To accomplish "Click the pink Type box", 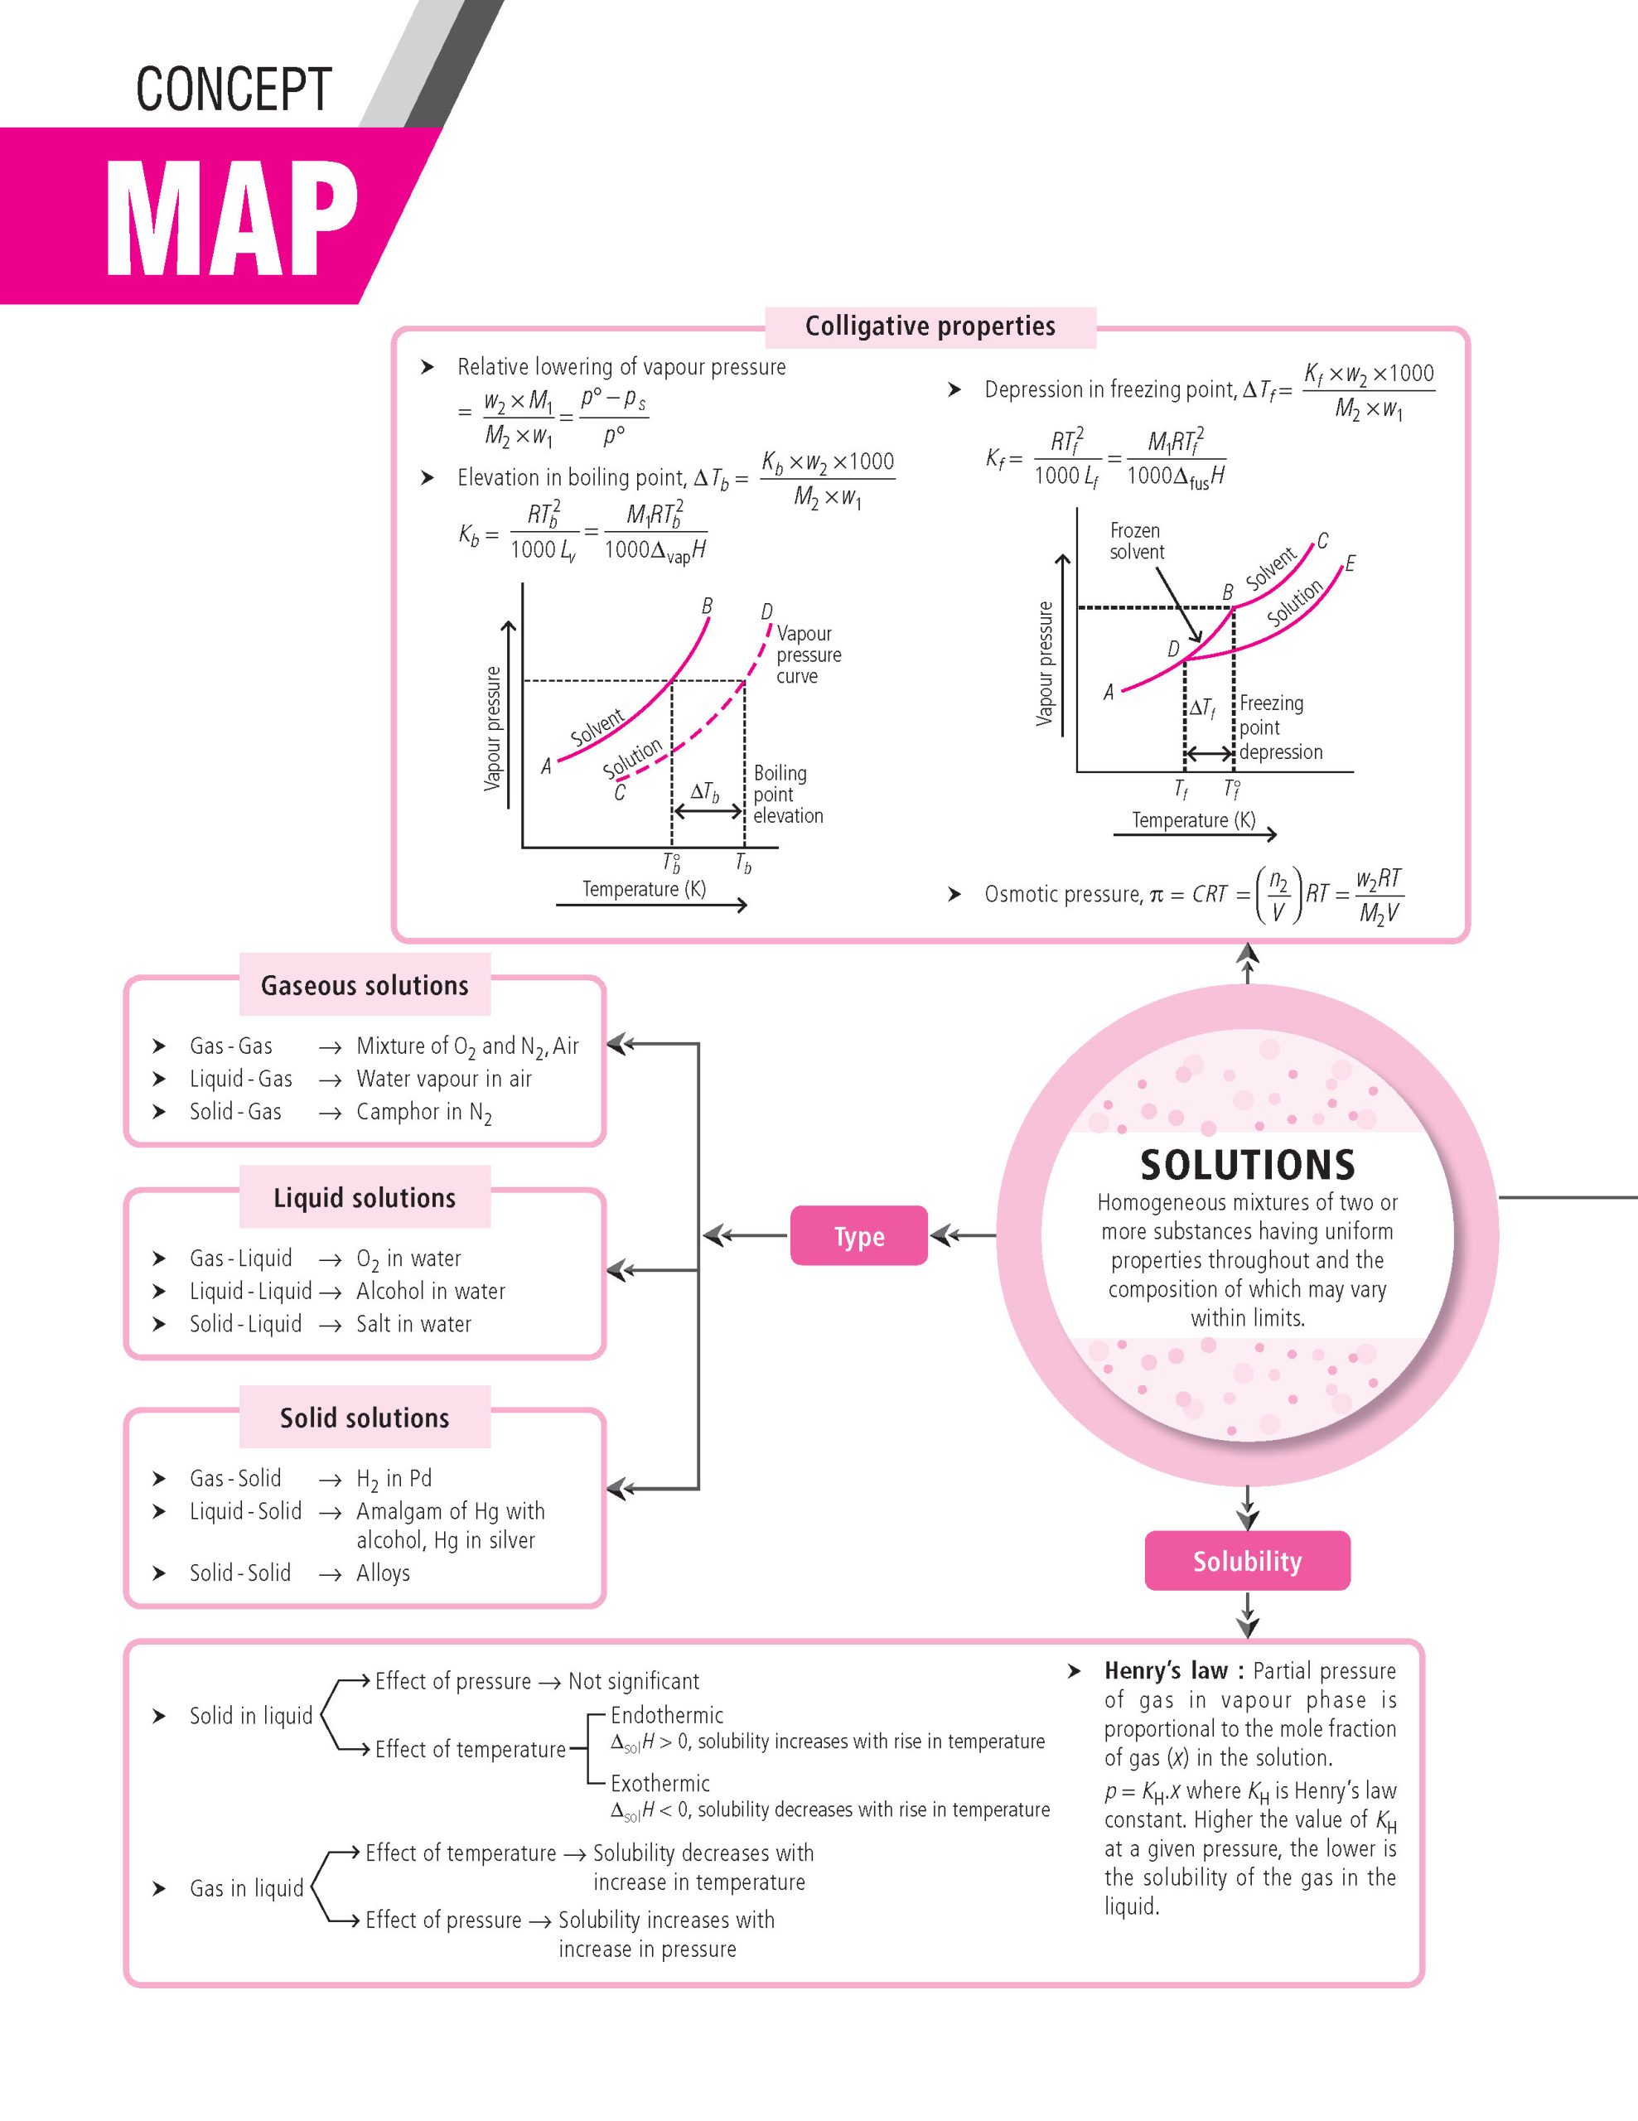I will (858, 1235).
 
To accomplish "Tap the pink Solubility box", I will (1247, 1561).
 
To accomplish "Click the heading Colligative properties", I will (930, 326).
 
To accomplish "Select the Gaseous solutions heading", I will (364, 985).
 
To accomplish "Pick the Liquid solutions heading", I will (364, 1197).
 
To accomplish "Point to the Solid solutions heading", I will (364, 1418).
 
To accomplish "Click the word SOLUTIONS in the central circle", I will (1247, 1164).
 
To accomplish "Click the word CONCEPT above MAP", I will (233, 89).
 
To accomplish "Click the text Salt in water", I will (413, 1324).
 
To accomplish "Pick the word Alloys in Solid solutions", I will (383, 1573).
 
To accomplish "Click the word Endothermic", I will (666, 1715).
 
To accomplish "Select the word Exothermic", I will (660, 1783).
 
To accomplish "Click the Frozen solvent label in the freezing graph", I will (1136, 541).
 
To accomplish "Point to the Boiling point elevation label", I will (787, 795).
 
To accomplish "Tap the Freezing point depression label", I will (1280, 727).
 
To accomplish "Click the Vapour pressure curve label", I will (808, 655).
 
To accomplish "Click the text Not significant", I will (633, 1681).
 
